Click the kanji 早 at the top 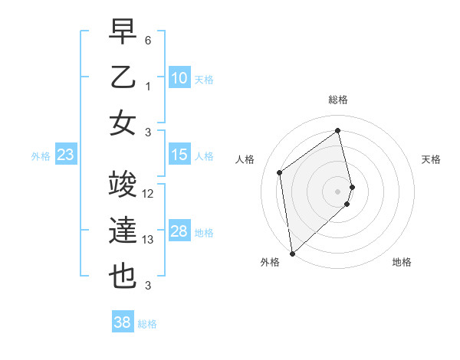pyautogui.click(x=123, y=33)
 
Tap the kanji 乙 pyautogui.click(x=123, y=78)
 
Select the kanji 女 pyautogui.click(x=123, y=124)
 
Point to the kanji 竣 pyautogui.click(x=123, y=185)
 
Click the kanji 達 pyautogui.click(x=123, y=231)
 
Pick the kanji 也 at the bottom pyautogui.click(x=123, y=277)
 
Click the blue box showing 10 pyautogui.click(x=179, y=78)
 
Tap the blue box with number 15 pyautogui.click(x=179, y=155)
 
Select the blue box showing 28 pyautogui.click(x=179, y=232)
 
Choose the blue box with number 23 pyautogui.click(x=65, y=155)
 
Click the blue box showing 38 pyautogui.click(x=123, y=323)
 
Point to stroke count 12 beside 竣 pyautogui.click(x=149, y=194)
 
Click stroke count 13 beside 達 pyautogui.click(x=149, y=240)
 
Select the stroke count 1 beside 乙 pyautogui.click(x=148, y=87)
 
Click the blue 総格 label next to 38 pyautogui.click(x=148, y=324)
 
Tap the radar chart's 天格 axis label pyautogui.click(x=431, y=159)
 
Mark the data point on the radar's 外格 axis pyautogui.click(x=292, y=253)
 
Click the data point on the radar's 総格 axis pyautogui.click(x=338, y=130)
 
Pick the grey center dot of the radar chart pyautogui.click(x=338, y=191)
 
